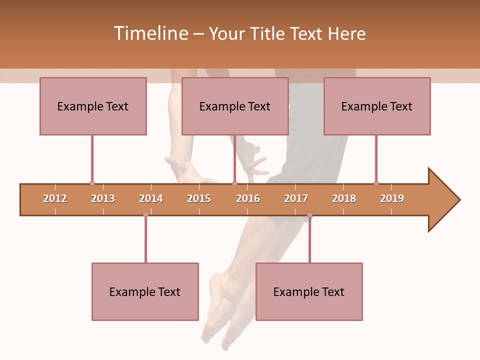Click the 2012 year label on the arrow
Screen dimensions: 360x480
coord(55,198)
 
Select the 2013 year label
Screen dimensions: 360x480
coord(103,198)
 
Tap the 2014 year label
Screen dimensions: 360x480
coord(151,198)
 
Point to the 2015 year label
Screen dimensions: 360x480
coord(199,198)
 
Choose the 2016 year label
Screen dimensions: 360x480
coord(248,198)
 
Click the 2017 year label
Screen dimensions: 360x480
coord(296,198)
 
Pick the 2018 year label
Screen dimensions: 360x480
coord(344,198)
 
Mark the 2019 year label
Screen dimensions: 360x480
coord(392,198)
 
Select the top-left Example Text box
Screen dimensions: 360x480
coord(93,106)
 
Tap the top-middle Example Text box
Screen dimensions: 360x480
coord(235,106)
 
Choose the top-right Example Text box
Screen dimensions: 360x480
coord(377,106)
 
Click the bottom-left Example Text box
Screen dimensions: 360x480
coord(145,291)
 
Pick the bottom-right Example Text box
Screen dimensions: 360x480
coord(309,291)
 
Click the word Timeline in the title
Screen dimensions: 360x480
coord(150,33)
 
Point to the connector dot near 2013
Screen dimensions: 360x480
coord(92,183)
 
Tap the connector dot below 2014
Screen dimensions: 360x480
coord(145,215)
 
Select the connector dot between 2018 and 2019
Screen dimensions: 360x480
coord(376,183)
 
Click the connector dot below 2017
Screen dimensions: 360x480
coord(309,215)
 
